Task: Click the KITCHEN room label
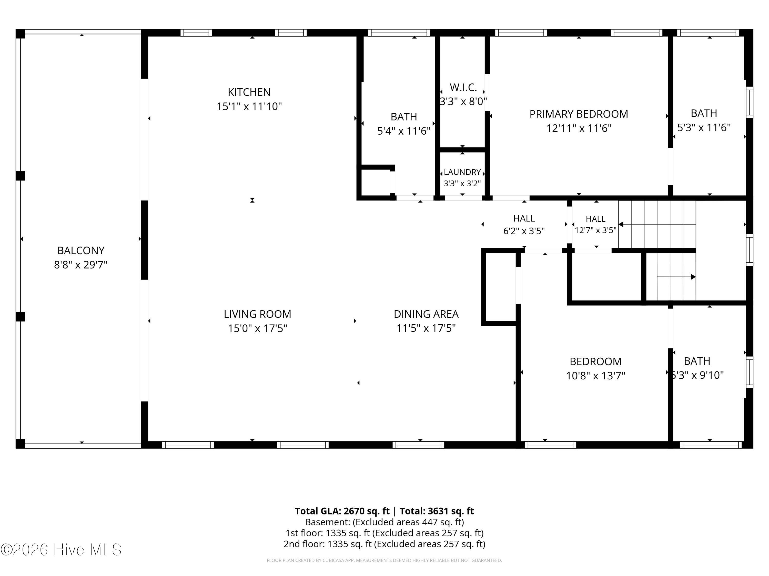coord(249,92)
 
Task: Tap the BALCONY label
coord(81,250)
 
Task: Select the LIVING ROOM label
coord(257,314)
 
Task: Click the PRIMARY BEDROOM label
coord(579,114)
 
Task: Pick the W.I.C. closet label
coord(463,87)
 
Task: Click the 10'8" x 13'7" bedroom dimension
coord(595,375)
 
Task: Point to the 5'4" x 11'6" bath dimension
coord(404,131)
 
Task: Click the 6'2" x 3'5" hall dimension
coord(524,231)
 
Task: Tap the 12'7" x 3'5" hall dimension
coord(595,230)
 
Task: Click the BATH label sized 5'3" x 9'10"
coord(697,361)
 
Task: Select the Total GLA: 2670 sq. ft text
coord(342,511)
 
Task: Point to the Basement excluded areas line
coord(384,522)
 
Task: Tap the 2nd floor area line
coord(384,544)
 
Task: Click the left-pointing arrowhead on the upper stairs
coord(621,224)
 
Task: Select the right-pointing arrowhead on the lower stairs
coord(693,277)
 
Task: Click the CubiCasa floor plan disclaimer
coord(384,560)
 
